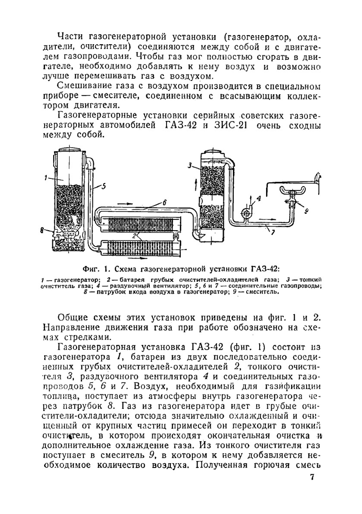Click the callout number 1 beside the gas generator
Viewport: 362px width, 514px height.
click(46, 177)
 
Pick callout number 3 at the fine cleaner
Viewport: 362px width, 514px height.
click(190, 166)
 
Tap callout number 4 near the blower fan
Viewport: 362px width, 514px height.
click(258, 198)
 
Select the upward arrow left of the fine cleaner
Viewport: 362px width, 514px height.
click(196, 183)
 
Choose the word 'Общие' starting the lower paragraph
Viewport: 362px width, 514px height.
click(75, 318)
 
